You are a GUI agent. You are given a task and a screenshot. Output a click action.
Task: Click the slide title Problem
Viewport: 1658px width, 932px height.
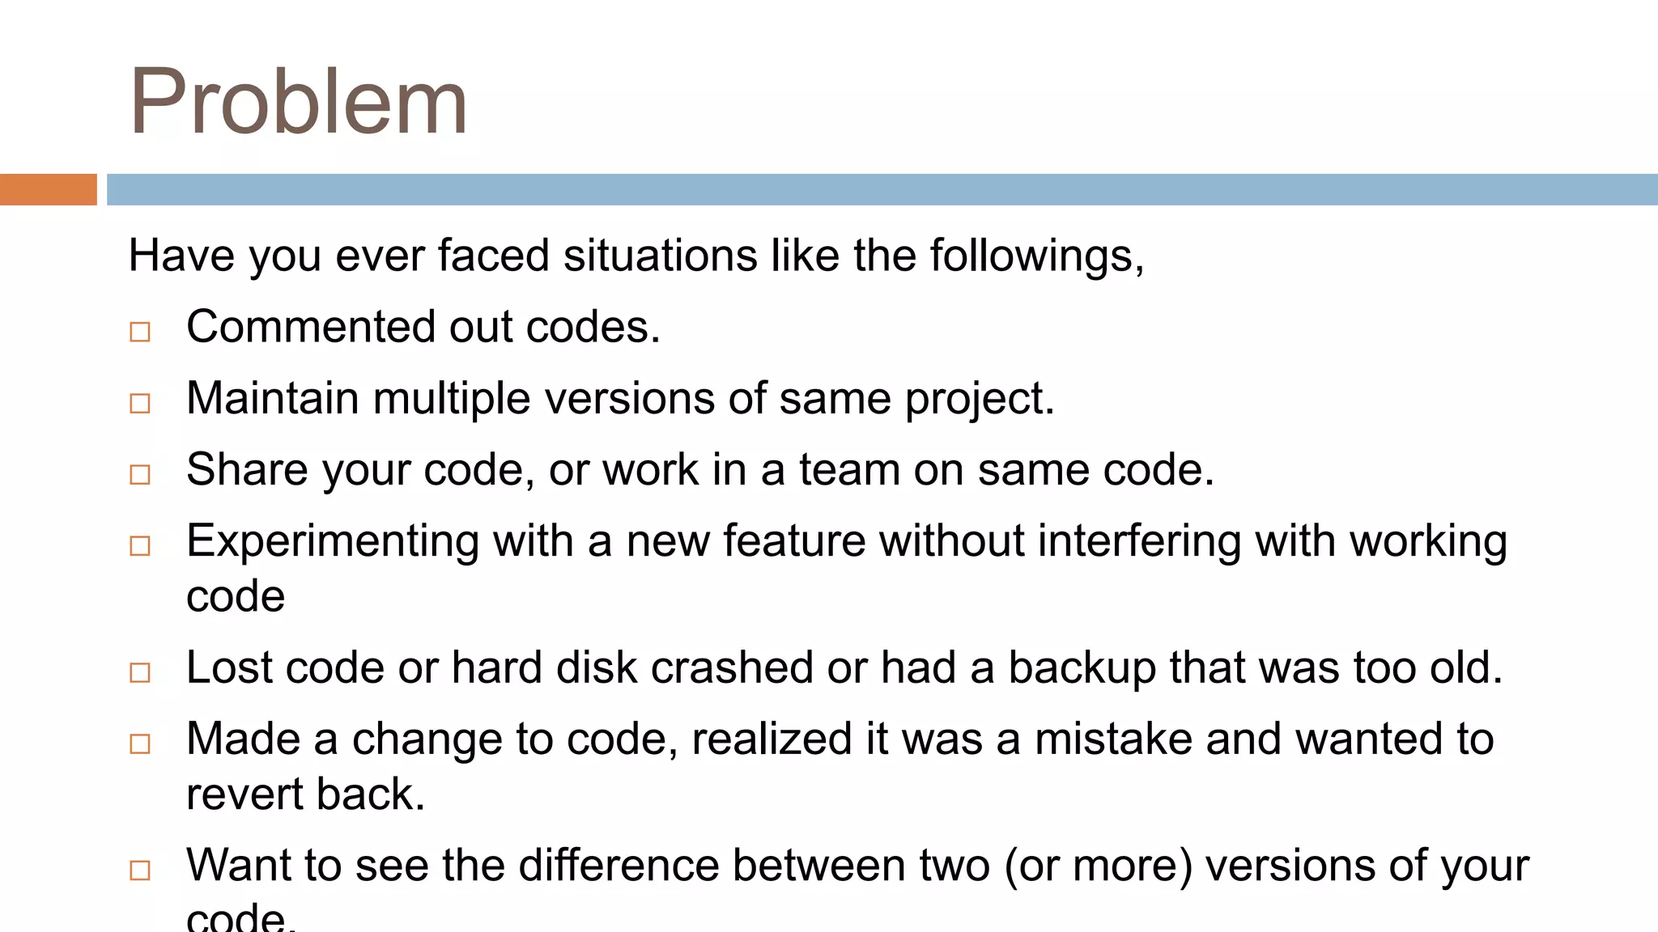(298, 102)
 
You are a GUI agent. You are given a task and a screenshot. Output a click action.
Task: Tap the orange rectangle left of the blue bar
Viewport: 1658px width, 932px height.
(48, 189)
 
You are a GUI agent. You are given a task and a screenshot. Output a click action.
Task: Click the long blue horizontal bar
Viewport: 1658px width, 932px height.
(882, 189)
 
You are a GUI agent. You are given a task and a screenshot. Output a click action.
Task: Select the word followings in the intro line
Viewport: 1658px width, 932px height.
(1035, 256)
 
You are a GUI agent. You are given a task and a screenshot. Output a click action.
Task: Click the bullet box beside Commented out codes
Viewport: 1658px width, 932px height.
(140, 332)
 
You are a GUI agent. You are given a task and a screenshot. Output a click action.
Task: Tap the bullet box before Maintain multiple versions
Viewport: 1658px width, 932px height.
(140, 403)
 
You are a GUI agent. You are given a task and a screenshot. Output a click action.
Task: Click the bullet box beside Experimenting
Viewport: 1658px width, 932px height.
(140, 545)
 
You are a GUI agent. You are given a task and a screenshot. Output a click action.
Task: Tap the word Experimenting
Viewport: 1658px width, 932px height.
(333, 540)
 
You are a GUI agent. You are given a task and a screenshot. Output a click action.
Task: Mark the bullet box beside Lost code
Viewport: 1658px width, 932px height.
(140, 672)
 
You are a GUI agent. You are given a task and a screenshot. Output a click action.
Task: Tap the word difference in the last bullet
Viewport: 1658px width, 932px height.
(619, 865)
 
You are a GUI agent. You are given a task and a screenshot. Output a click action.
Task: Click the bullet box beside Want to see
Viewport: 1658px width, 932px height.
(140, 871)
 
